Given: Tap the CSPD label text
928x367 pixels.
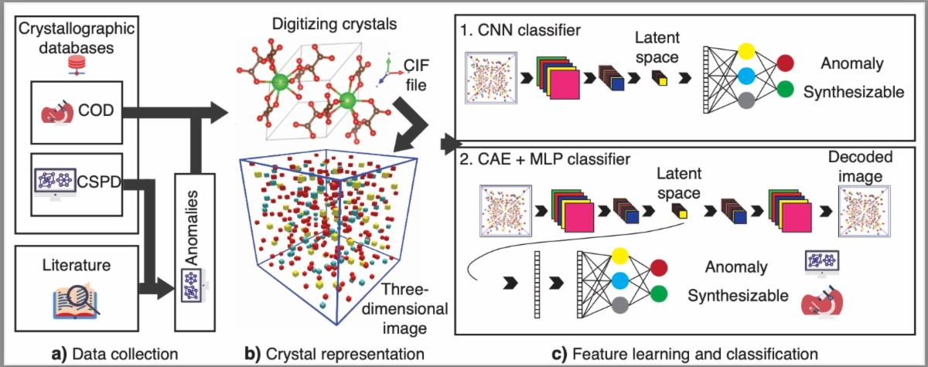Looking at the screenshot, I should point(99,185).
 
